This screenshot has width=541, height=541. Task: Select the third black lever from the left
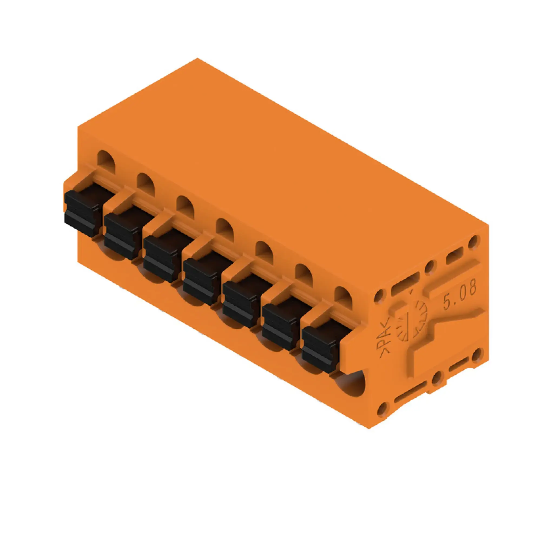pos(160,258)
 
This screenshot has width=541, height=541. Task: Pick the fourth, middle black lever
pos(200,281)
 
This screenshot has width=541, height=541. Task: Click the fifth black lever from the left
pos(240,304)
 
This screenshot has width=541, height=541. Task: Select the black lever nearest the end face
pos(319,349)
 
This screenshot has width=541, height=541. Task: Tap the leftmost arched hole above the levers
pos(106,161)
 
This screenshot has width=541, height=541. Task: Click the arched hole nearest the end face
pos(343,297)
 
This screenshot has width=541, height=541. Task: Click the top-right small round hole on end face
pos(474,241)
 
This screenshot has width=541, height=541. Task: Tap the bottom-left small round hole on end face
pos(382,410)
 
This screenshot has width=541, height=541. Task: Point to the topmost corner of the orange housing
pos(197,58)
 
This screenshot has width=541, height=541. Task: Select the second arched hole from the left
pos(146,183)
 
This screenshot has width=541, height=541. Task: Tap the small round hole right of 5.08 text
pos(478,356)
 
